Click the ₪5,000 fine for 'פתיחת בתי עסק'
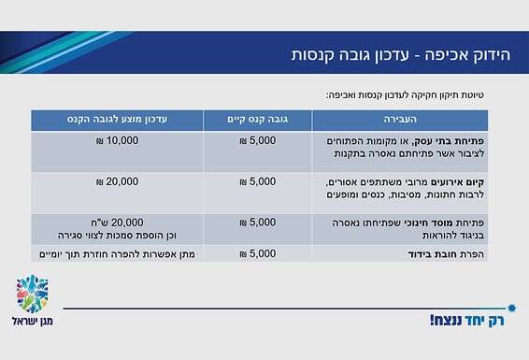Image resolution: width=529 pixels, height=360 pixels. pyautogui.click(x=258, y=140)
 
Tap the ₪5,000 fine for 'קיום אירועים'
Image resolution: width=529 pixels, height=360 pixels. pyautogui.click(x=258, y=180)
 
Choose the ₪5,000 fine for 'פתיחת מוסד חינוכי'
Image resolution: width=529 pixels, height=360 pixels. pyautogui.click(x=258, y=223)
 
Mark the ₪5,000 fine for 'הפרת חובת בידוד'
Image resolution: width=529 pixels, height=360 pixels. pyautogui.click(x=258, y=254)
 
